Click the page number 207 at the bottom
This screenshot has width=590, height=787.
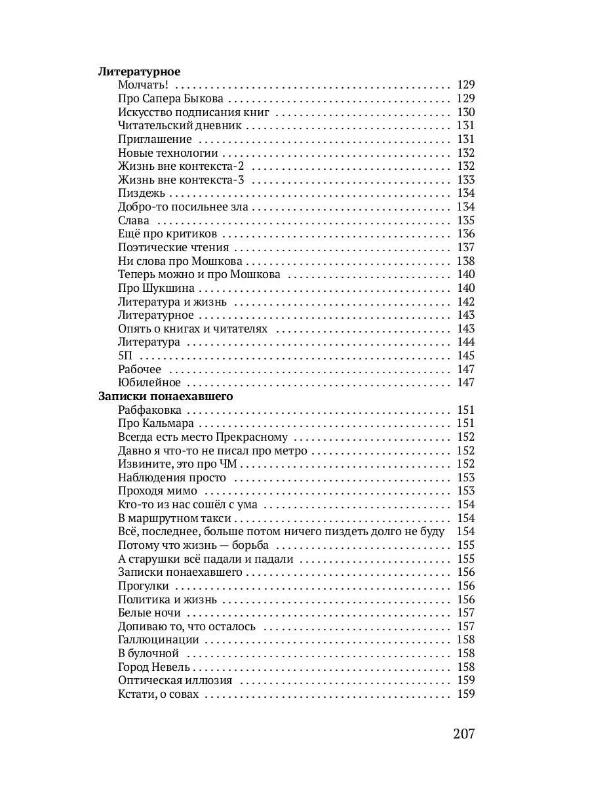pyautogui.click(x=463, y=733)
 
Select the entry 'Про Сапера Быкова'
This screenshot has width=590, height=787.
pyautogui.click(x=170, y=98)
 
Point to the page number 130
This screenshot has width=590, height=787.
pyautogui.click(x=465, y=112)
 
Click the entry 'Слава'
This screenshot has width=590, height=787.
pyautogui.click(x=134, y=220)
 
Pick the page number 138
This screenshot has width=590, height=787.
pyautogui.click(x=465, y=261)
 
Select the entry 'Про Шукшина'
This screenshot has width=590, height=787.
pyautogui.click(x=155, y=288)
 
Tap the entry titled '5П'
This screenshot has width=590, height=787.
pyautogui.click(x=125, y=355)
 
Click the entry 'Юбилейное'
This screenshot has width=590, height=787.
pyautogui.click(x=149, y=382)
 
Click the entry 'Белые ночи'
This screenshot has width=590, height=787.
pyautogui.click(x=149, y=613)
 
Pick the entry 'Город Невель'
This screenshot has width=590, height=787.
pyautogui.click(x=154, y=667)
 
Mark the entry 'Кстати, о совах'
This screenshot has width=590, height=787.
pyautogui.click(x=157, y=694)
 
